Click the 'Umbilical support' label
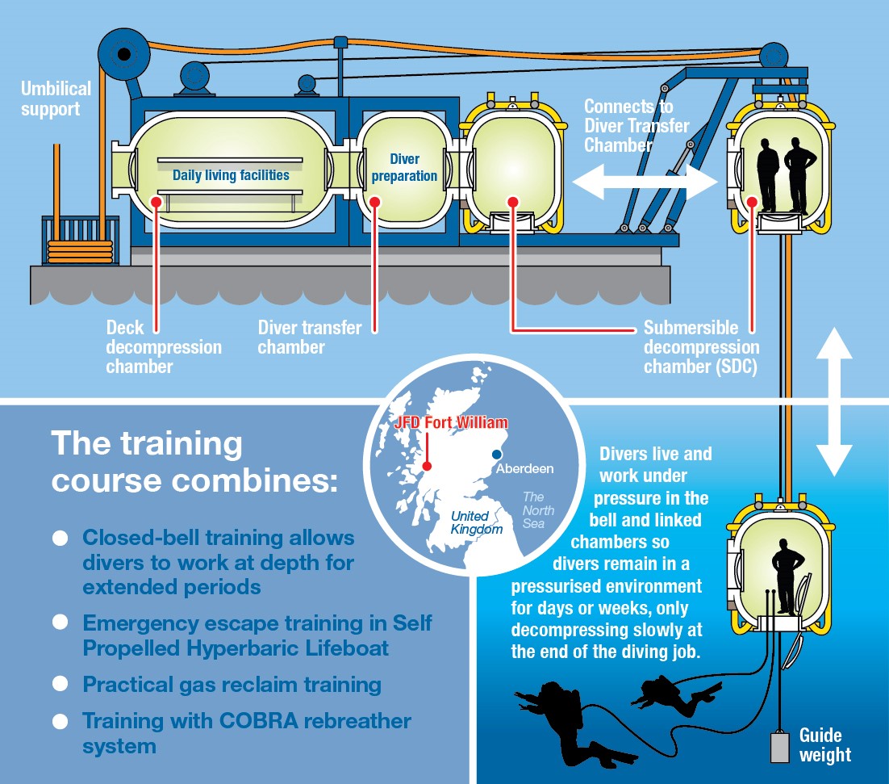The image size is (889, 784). tap(56, 98)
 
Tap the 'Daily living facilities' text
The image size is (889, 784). tap(231, 175)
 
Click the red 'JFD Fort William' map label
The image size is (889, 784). tap(451, 422)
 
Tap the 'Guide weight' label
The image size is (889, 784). tap(824, 744)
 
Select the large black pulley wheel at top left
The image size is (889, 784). tap(123, 55)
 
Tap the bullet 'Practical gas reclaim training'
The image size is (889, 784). tap(232, 684)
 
